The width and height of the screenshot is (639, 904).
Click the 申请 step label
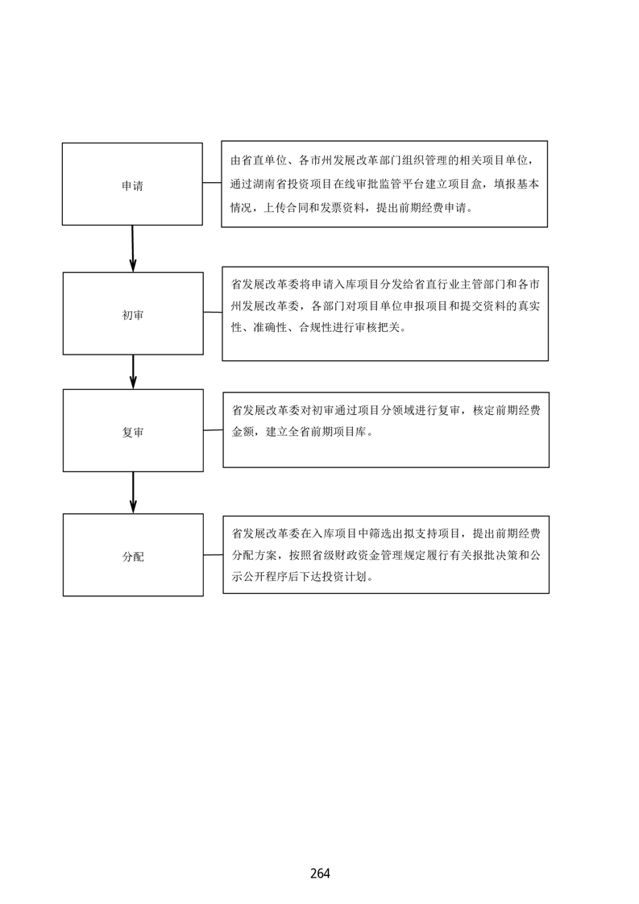coord(132,185)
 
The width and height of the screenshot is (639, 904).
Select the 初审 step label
coord(133,315)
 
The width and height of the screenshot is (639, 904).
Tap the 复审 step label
coord(133,432)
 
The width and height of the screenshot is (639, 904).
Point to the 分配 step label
coord(133,557)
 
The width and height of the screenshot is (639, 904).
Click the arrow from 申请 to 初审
coord(133,248)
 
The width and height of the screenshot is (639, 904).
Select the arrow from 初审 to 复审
coord(133,372)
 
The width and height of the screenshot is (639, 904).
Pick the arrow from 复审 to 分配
coord(133,492)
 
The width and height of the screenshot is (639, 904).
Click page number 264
coord(320,873)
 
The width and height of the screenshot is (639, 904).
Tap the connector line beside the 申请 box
coord(212,183)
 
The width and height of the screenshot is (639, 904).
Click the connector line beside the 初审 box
coord(213,313)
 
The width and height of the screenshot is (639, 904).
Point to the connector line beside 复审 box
coord(214,430)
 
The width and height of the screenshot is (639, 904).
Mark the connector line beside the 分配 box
coord(214,555)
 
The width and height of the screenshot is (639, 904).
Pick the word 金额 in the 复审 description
coord(243,431)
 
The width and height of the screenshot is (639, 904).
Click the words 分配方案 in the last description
coord(255,555)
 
